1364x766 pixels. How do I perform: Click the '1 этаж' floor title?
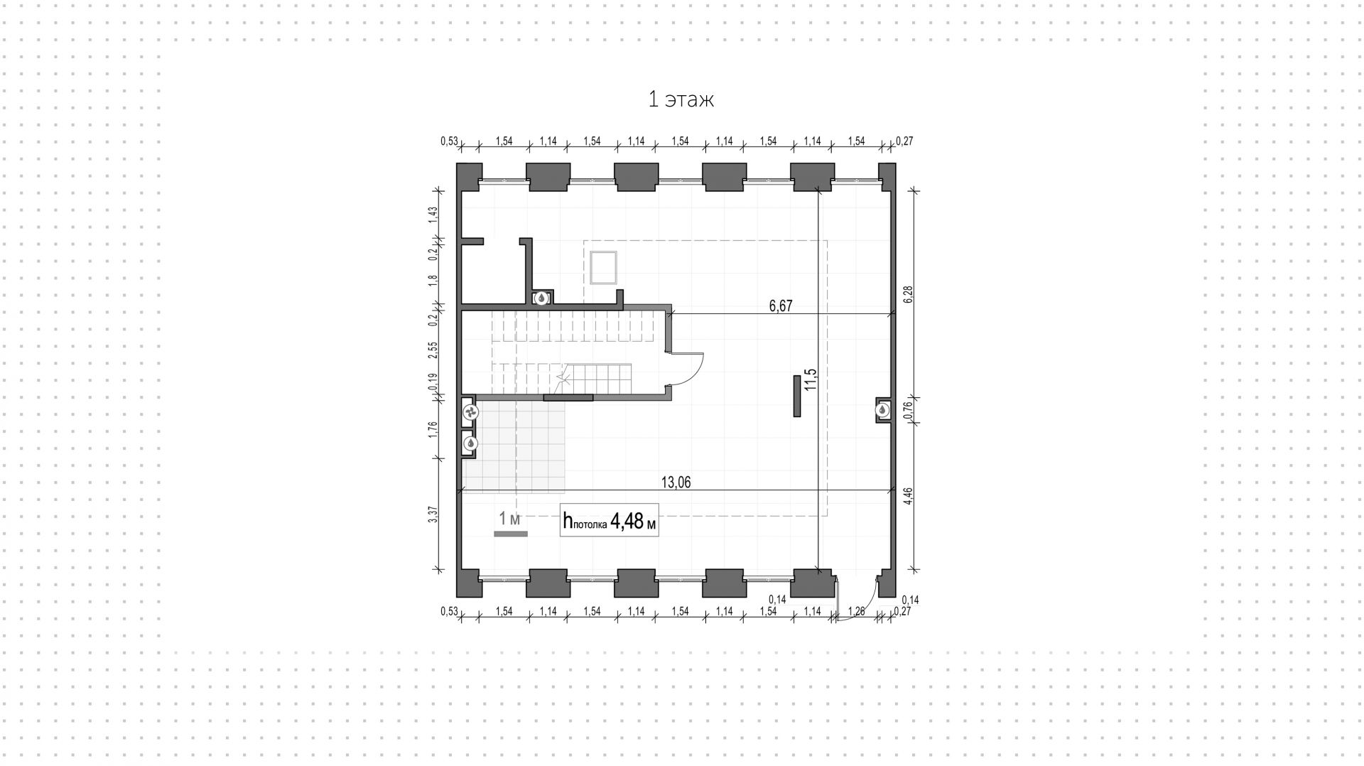(681, 99)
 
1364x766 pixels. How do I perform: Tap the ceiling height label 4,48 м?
(609, 522)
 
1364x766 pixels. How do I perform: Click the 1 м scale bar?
(511, 533)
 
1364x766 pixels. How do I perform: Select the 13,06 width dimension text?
(676, 482)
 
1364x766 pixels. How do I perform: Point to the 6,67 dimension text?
(780, 306)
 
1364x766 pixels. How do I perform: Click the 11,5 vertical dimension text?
(811, 380)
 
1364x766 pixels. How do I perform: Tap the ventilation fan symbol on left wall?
(470, 412)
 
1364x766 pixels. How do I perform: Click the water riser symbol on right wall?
(882, 410)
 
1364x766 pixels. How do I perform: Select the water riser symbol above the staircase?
(541, 298)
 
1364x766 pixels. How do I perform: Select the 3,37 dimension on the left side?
(433, 514)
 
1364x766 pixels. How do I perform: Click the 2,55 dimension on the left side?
(433, 350)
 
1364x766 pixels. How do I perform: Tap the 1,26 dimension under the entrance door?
(857, 611)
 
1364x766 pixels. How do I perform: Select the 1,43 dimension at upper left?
(433, 215)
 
